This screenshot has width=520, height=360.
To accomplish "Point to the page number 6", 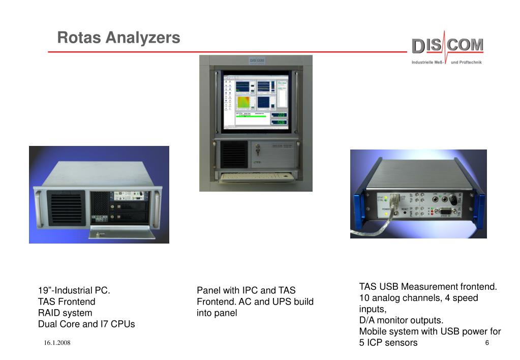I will pos(487,343).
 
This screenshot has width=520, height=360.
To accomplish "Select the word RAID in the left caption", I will pos(49,313).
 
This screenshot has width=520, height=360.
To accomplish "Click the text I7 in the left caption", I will pos(101,324).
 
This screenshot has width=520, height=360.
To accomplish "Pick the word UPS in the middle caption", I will pos(281,302).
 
